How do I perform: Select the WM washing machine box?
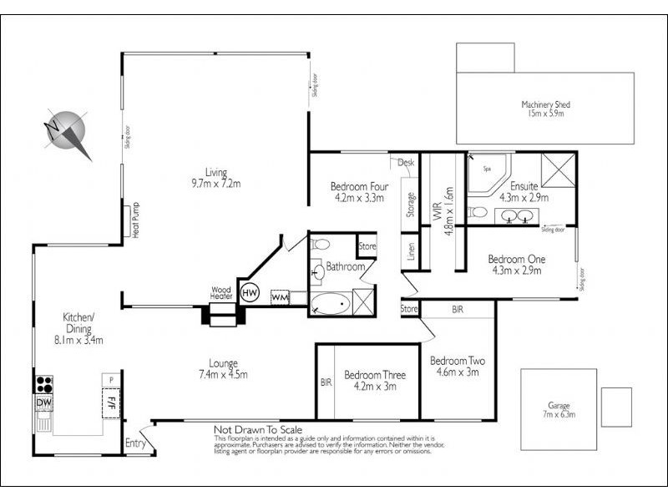coord(280,296)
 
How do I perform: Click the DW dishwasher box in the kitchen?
coord(43,404)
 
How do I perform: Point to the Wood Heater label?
coord(220,292)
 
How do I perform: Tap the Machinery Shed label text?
coord(544,104)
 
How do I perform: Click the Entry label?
coord(135,443)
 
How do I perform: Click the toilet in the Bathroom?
coord(321,245)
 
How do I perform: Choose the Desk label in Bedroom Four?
coord(406,162)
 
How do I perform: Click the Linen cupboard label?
coord(411,253)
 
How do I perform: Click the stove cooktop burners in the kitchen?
coord(44,384)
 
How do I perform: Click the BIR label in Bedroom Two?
coord(458,309)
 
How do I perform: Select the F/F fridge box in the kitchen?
coord(109,404)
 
